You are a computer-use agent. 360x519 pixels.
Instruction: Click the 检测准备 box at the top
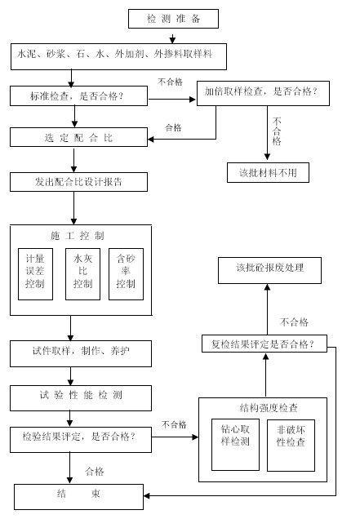[x=173, y=19]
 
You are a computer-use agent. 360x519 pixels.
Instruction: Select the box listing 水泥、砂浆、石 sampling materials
[x=118, y=56]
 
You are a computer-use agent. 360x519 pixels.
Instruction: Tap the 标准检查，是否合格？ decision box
[x=79, y=96]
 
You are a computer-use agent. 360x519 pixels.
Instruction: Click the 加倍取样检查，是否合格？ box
[x=263, y=93]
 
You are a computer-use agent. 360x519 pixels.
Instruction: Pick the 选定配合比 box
[x=79, y=137]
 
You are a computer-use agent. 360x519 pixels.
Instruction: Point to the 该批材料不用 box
[x=268, y=172]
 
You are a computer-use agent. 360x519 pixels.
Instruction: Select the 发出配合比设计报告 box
[x=79, y=182]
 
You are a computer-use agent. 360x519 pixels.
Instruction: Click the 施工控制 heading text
[x=78, y=236]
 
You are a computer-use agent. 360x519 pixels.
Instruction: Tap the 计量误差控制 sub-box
[x=35, y=274]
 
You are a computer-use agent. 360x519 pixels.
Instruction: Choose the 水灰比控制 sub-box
[x=82, y=274]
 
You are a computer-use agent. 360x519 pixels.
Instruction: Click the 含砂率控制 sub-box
[x=127, y=274]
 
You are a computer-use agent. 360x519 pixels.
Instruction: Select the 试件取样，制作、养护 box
[x=81, y=353]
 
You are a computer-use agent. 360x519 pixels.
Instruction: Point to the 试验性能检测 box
[x=81, y=398]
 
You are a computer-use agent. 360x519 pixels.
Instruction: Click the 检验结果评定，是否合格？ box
[x=81, y=440]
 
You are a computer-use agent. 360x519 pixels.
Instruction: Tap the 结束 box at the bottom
[x=79, y=497]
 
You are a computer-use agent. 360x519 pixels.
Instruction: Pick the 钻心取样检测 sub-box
[x=235, y=445]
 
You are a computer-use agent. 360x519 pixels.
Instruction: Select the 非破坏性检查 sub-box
[x=291, y=446]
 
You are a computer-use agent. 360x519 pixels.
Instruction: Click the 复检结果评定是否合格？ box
[x=264, y=344]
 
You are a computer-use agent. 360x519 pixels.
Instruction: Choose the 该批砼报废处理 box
[x=269, y=270]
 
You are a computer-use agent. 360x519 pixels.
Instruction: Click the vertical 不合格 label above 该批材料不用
[x=277, y=131]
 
